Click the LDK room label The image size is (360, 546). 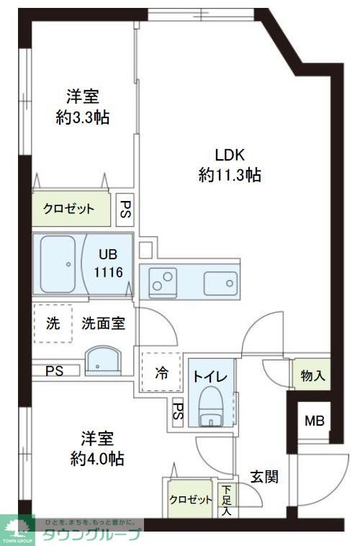(230, 154)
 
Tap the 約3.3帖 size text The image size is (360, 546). (83, 117)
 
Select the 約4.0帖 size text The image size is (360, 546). (97, 459)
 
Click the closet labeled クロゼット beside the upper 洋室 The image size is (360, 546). (69, 210)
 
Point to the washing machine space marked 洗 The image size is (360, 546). (53, 323)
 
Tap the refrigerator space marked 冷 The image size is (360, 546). (162, 372)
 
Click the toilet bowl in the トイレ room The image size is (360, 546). (211, 408)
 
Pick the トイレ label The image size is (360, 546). (210, 376)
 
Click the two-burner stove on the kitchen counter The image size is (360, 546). (164, 281)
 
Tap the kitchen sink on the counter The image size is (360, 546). (218, 281)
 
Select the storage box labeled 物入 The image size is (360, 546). (312, 375)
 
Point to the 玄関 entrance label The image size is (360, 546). (264, 476)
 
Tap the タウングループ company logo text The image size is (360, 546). (92, 534)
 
